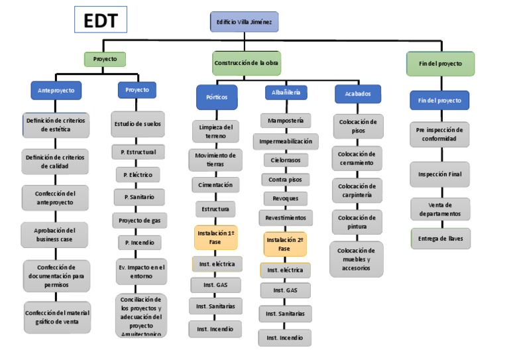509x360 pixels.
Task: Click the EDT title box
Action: click(101, 21)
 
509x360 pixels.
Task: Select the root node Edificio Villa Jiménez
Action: click(244, 22)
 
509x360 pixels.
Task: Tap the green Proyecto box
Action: click(105, 59)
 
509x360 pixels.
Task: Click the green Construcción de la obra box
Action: click(246, 63)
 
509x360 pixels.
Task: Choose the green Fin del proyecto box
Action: click(440, 64)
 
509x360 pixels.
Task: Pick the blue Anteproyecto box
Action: click(56, 90)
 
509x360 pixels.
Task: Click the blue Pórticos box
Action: click(216, 97)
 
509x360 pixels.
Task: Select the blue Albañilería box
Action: click(286, 93)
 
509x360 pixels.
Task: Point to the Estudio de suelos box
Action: click(137, 124)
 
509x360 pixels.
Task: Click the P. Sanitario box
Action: click(138, 197)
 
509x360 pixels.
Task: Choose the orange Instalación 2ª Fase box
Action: click(284, 244)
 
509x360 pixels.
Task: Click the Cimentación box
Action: click(215, 185)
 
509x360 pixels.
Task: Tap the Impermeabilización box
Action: click(286, 141)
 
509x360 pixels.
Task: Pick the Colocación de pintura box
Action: click(357, 222)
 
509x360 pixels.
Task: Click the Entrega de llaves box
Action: click(440, 239)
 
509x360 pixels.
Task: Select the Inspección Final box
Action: click(439, 174)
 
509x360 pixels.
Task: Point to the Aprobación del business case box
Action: click(56, 234)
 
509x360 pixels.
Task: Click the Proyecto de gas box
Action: click(139, 220)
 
